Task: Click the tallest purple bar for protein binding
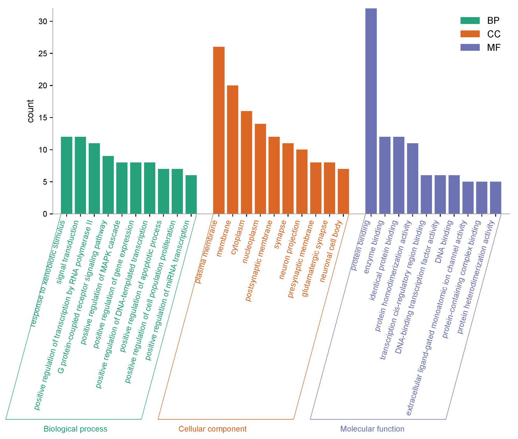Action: coord(371,111)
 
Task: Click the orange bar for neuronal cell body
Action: coord(343,191)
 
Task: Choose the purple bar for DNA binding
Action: coord(454,195)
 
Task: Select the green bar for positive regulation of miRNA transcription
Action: coord(191,195)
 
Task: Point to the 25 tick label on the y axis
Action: coord(43,54)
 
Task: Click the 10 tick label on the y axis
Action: coord(43,150)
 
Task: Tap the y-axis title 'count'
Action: coord(31,111)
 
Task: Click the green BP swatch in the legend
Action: coord(470,20)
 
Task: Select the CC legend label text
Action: coord(494,34)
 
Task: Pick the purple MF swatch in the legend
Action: coord(470,47)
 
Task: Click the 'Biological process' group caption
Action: coord(75,429)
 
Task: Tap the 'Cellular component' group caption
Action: coord(212,429)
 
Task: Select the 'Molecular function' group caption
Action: coord(372,429)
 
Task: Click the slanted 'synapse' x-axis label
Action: coord(280,235)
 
